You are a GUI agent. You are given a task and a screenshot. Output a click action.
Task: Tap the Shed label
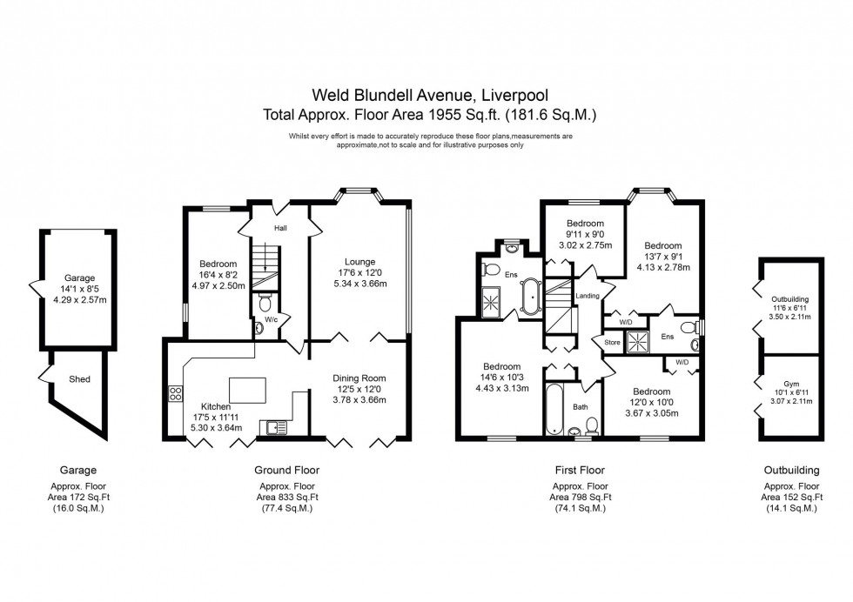point(79,379)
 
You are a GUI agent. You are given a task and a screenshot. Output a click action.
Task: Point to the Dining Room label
point(359,378)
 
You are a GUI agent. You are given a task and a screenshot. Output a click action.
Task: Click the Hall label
point(281,229)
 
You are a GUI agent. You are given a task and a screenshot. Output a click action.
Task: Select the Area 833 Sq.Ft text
point(287,497)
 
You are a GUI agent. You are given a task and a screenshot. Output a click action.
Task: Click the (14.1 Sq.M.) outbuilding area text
point(790,508)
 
